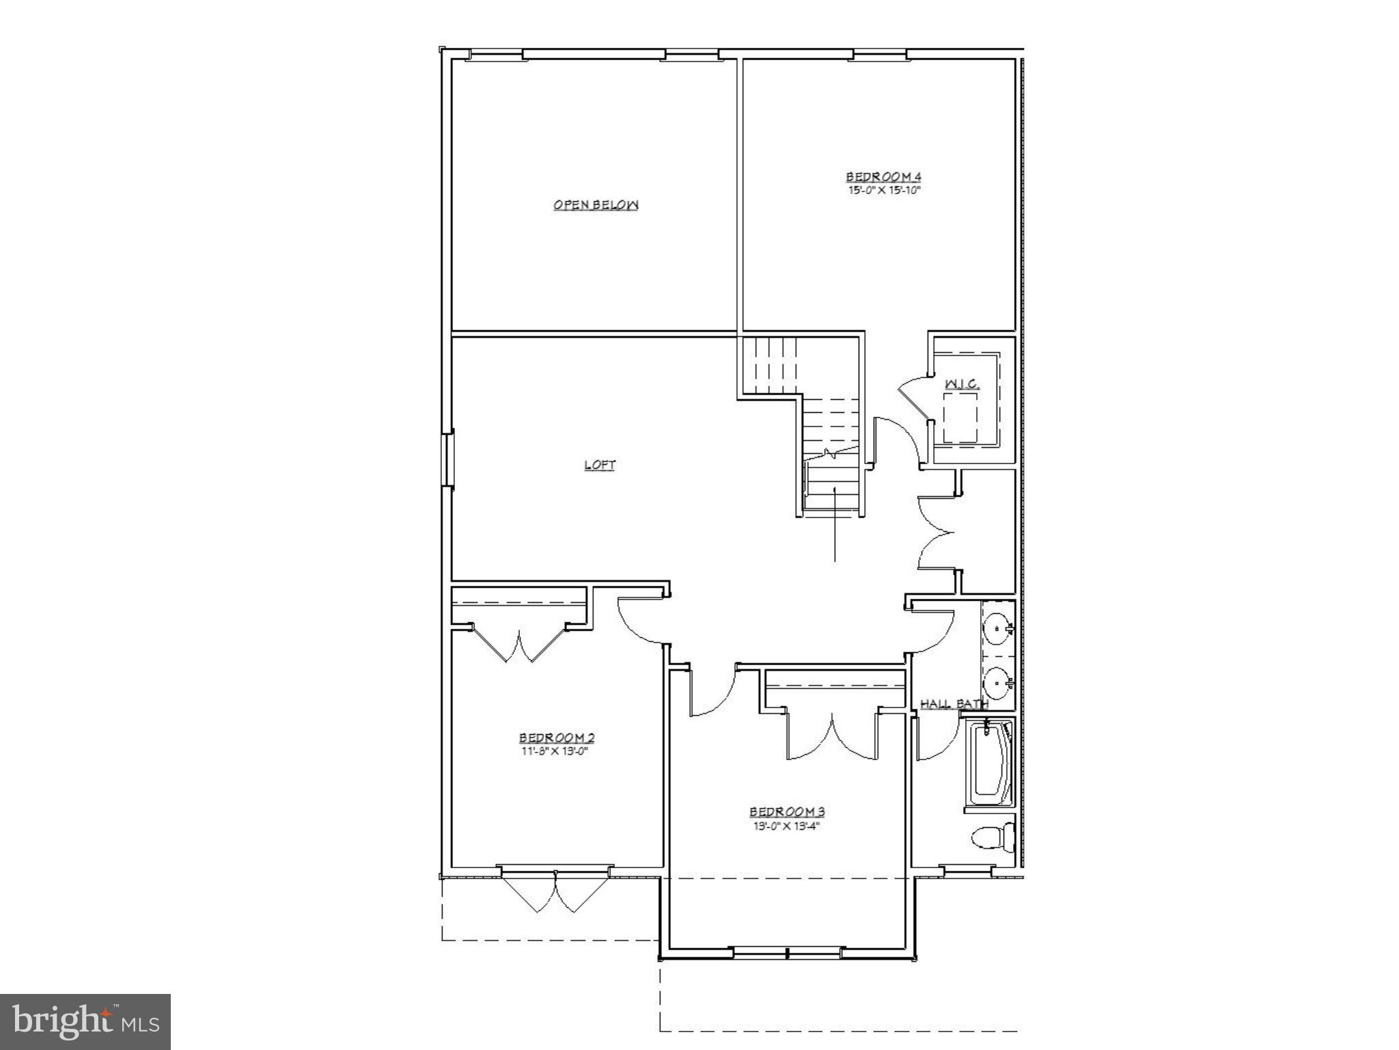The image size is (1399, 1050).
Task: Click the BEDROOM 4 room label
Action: point(884,177)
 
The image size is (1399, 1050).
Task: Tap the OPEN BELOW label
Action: point(596,204)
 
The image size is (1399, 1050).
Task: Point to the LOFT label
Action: point(600,465)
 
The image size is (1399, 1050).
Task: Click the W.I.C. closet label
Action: point(962,384)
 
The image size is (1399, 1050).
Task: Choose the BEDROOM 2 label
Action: point(557,738)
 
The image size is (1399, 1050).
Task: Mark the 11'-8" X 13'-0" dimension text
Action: point(553,751)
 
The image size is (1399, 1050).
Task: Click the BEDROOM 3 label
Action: point(787,811)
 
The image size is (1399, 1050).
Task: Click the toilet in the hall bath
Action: point(991,837)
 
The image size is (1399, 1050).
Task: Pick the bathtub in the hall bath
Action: point(989,764)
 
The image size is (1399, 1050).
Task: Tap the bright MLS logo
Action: point(85,1021)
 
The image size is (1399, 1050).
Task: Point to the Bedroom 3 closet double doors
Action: point(832,737)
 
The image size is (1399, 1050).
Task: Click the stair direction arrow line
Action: point(835,523)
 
